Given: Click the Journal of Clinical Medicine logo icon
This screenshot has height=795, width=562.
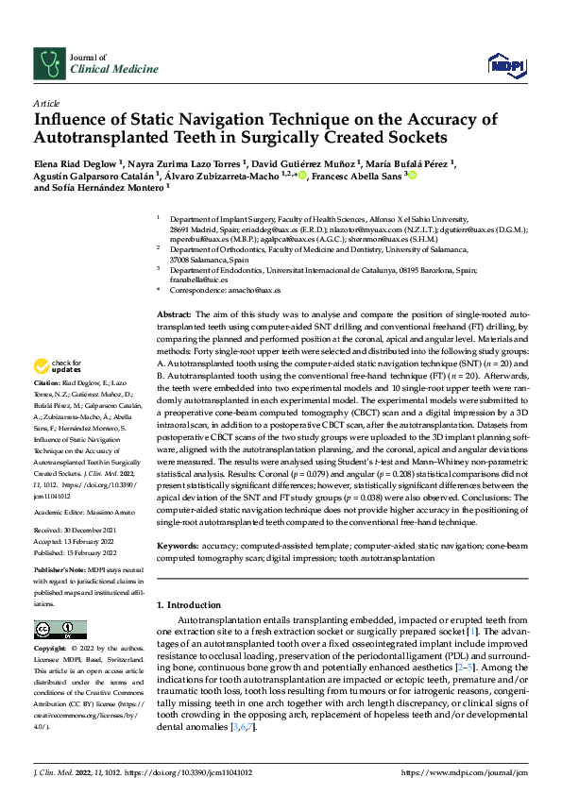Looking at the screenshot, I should tap(47, 63).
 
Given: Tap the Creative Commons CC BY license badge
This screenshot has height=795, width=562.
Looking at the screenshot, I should tap(53, 629).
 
